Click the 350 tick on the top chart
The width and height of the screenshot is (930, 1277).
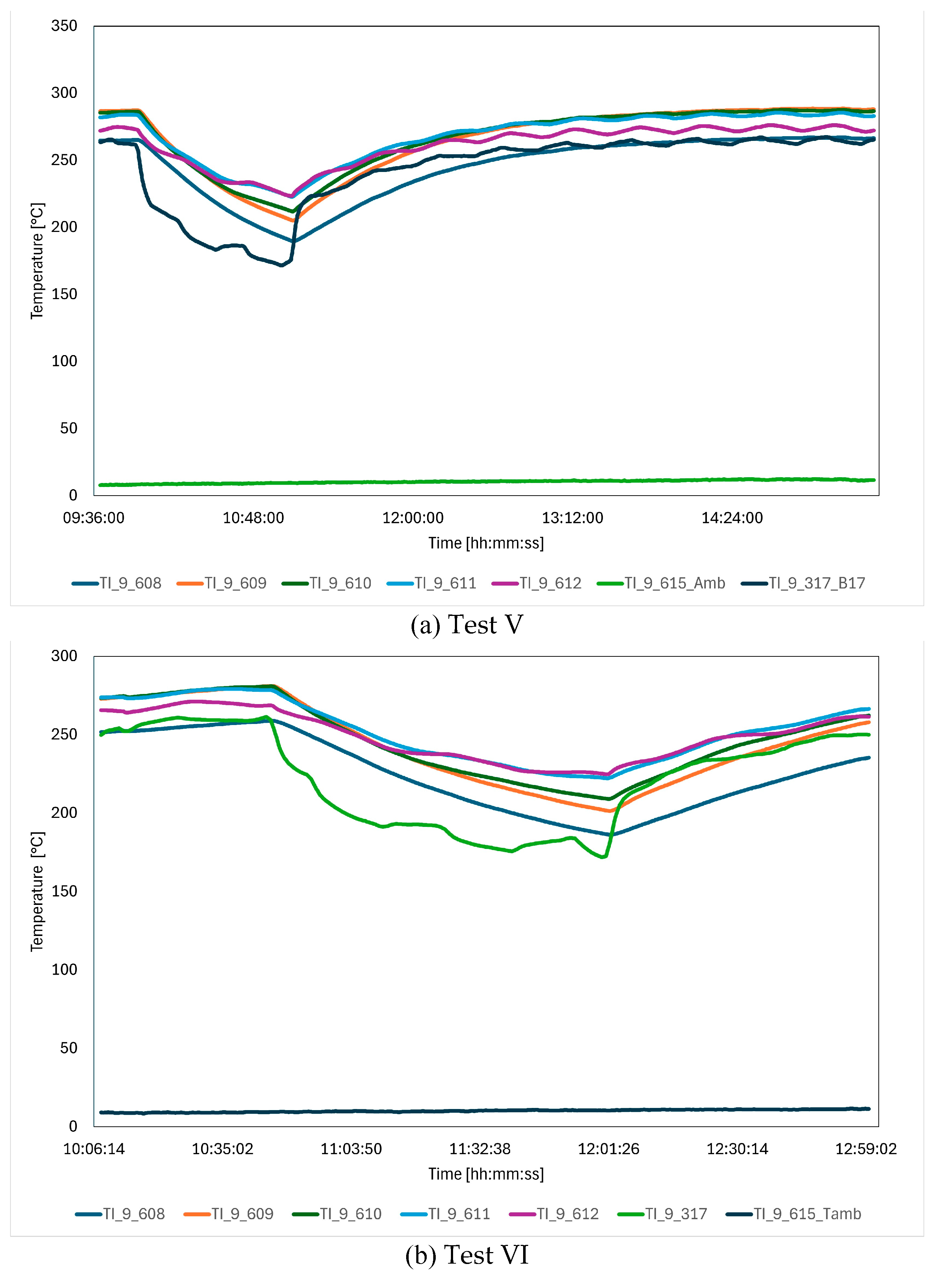click(x=64, y=26)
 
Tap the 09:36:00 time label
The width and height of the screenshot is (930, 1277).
click(x=94, y=518)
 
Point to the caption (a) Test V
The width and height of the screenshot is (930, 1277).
click(x=467, y=625)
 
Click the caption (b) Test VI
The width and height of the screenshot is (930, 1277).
click(x=467, y=1255)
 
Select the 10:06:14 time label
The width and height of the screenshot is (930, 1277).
click(x=94, y=1148)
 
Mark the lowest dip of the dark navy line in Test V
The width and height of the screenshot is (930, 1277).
click(x=282, y=265)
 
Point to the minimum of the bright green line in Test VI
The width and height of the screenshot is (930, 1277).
click(x=603, y=857)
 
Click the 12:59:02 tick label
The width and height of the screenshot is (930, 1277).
click(x=865, y=1148)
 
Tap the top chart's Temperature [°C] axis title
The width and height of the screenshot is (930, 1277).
click(x=37, y=261)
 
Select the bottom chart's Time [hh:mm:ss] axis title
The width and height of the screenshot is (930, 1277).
click(x=486, y=1174)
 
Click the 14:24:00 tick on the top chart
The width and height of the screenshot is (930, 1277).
click(x=732, y=518)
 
